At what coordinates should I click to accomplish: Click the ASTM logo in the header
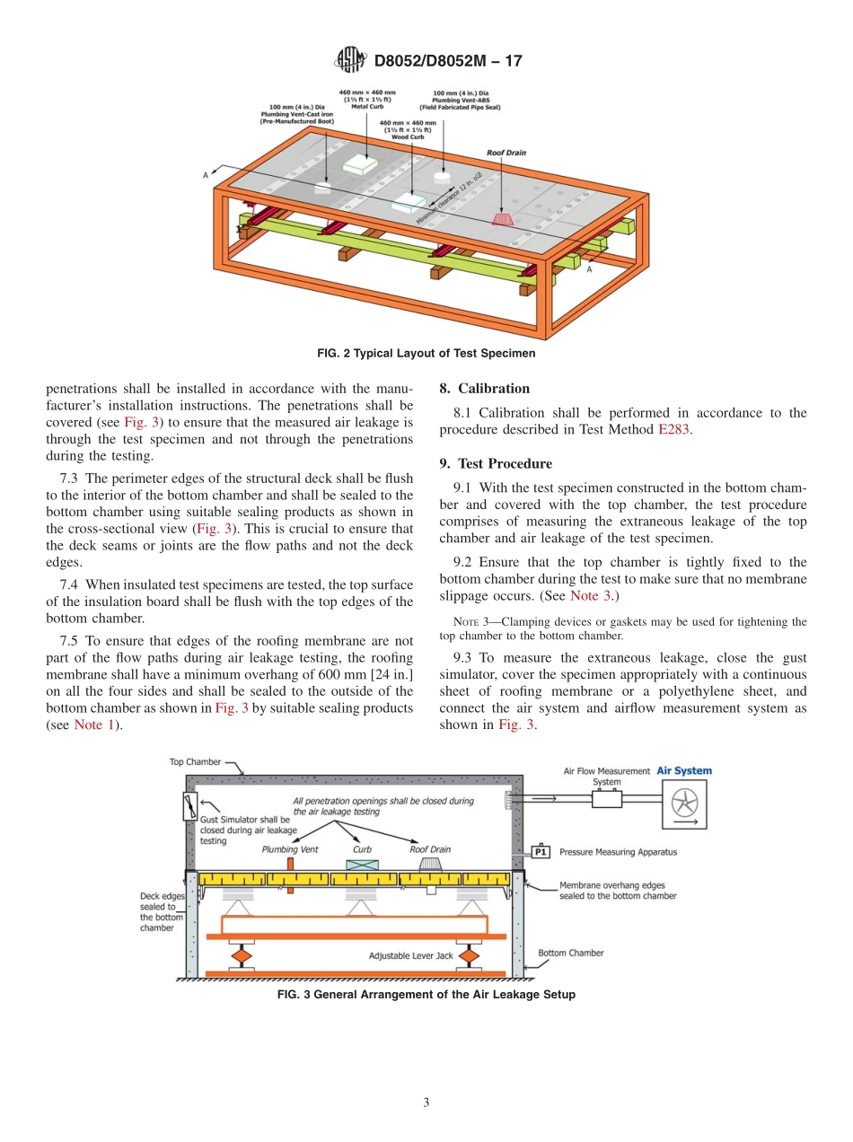tap(351, 61)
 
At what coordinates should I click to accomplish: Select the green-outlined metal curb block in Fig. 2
tap(361, 164)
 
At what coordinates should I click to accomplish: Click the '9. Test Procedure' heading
tap(496, 464)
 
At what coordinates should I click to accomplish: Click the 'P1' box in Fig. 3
tap(541, 852)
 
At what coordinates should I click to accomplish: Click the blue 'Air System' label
tap(684, 770)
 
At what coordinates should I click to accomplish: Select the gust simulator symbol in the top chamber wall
tap(191, 805)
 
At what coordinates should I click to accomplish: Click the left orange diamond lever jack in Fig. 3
tap(240, 955)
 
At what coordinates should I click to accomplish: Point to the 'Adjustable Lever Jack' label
tap(410, 956)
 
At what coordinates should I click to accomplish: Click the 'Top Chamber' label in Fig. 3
tap(195, 762)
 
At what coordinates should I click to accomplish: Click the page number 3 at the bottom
tap(426, 1102)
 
